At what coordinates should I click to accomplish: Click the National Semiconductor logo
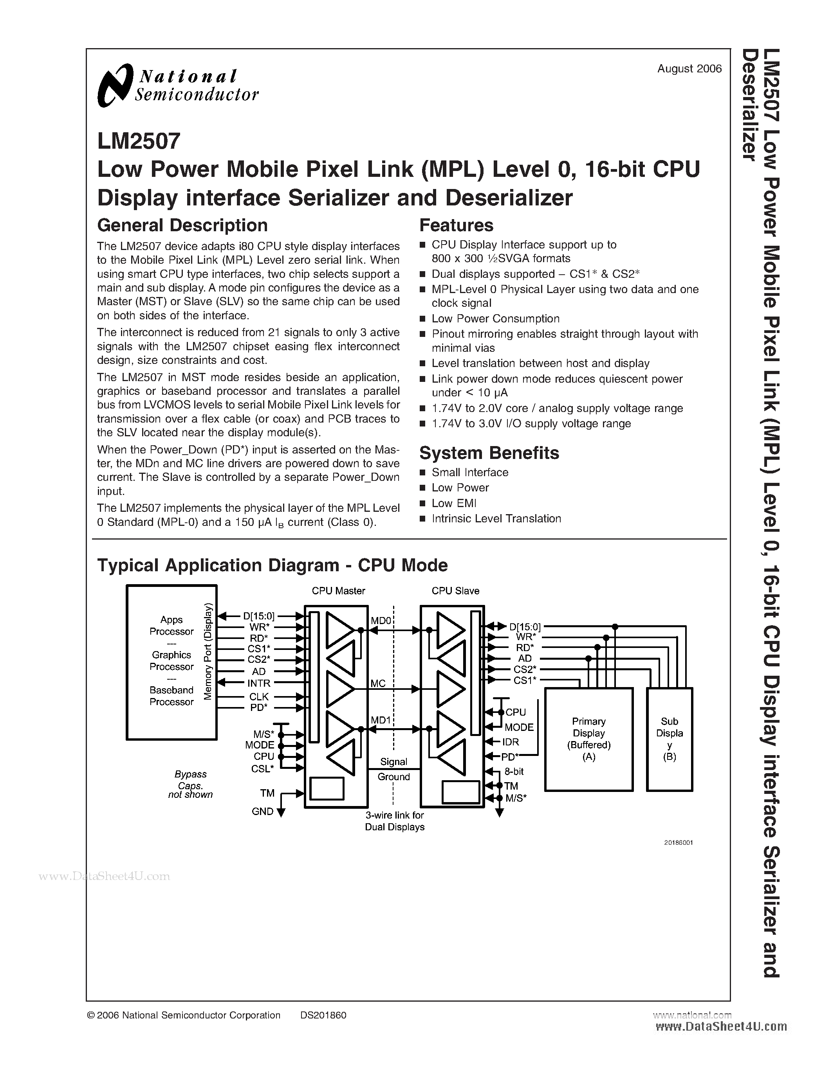point(177,86)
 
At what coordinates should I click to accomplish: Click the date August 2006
point(689,69)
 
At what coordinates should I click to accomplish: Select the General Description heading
point(182,226)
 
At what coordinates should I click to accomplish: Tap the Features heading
point(456,226)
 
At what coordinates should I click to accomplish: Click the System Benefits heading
point(489,453)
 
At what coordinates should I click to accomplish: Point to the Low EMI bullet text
point(453,503)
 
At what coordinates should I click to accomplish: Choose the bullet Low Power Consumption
point(495,319)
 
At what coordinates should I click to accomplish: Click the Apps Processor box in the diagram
point(171,662)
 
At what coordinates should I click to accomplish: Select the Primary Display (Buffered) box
point(588,739)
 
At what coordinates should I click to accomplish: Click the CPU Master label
point(338,591)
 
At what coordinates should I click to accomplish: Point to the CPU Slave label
point(455,591)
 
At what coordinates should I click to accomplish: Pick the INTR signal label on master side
point(259,683)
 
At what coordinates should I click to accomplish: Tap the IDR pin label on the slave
point(511,742)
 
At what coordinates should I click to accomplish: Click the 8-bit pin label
point(514,772)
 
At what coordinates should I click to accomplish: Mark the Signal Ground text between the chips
point(393,769)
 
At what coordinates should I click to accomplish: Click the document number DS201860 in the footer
point(323,1015)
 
